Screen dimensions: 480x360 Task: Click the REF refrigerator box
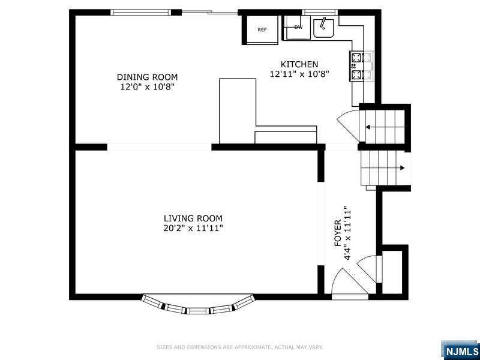pos(262,29)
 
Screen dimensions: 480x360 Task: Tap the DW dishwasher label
pos(298,27)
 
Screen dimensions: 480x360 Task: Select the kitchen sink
pos(323,28)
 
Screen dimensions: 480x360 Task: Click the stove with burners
pos(362,66)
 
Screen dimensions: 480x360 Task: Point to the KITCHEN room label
pos(299,64)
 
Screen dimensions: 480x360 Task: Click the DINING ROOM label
pos(147,77)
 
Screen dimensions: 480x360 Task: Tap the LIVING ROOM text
pos(193,218)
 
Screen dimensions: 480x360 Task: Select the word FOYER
pos(338,233)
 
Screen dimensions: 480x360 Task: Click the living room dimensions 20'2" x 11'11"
pos(193,229)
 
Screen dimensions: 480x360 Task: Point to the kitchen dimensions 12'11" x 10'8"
pos(299,74)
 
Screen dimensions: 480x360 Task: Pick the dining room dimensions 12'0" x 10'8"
pos(147,86)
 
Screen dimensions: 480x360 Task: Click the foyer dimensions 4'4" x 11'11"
pos(347,233)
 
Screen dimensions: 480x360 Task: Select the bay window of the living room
pos(198,304)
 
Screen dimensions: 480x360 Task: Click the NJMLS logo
pos(460,350)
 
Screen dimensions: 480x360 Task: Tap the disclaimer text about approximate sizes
pos(239,347)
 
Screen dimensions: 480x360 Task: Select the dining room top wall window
pos(141,12)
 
